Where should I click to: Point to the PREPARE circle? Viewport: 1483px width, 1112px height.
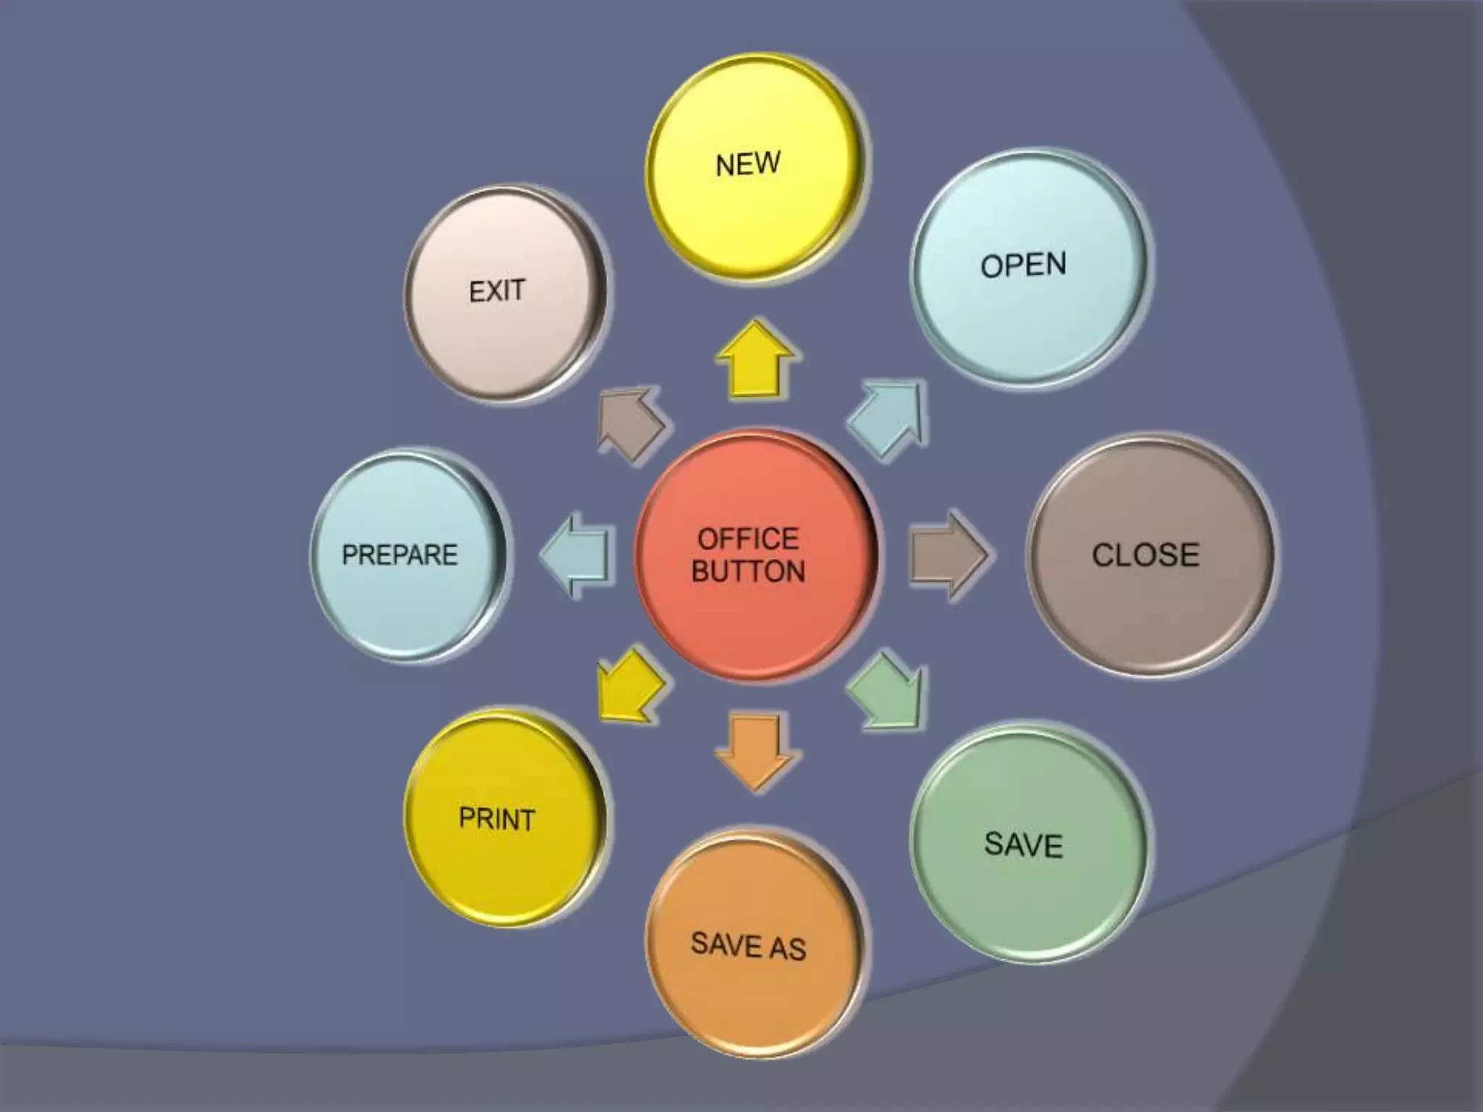tap(407, 555)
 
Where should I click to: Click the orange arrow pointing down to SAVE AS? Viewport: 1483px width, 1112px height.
tap(756, 750)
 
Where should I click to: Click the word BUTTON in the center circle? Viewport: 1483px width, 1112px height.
tap(748, 572)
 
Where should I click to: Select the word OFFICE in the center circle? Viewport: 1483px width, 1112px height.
tap(748, 539)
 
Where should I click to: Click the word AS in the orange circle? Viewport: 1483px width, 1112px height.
tap(787, 948)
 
